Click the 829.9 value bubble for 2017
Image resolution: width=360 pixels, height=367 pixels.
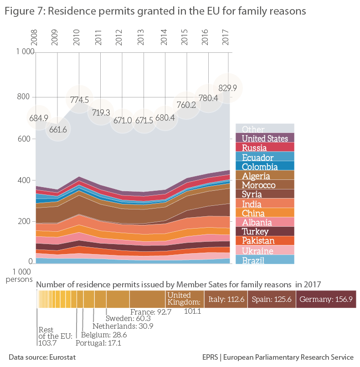(228, 88)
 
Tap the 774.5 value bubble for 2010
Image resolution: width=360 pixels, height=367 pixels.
(79, 99)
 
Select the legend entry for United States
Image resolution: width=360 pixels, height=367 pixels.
(264, 138)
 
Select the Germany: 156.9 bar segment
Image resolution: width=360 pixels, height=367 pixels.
(325, 299)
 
